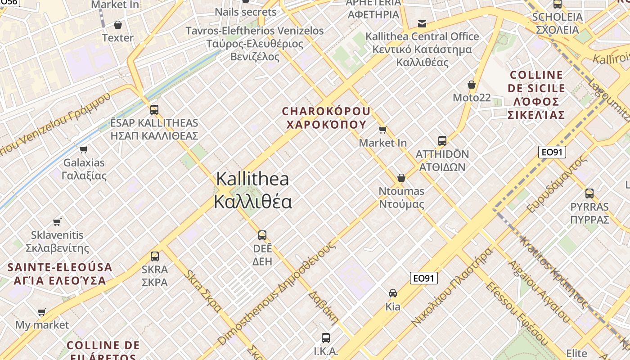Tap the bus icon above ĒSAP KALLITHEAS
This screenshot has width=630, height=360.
click(154, 109)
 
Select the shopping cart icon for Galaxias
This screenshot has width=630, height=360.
click(83, 149)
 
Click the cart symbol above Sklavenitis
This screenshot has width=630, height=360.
click(57, 222)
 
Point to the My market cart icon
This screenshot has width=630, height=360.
click(42, 312)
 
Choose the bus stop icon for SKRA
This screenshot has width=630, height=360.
click(155, 256)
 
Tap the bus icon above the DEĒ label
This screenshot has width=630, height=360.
click(262, 235)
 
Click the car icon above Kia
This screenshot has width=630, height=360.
click(393, 293)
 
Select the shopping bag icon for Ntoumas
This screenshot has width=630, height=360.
click(401, 178)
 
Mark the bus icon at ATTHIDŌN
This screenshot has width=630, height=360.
click(442, 141)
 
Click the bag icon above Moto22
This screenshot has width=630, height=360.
click(472, 85)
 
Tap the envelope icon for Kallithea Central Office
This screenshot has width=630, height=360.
click(422, 23)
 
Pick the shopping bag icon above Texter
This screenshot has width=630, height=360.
click(118, 24)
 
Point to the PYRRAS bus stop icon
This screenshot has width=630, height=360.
click(589, 193)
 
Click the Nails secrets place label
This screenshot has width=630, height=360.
click(245, 12)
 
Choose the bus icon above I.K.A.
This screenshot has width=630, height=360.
click(326, 337)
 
